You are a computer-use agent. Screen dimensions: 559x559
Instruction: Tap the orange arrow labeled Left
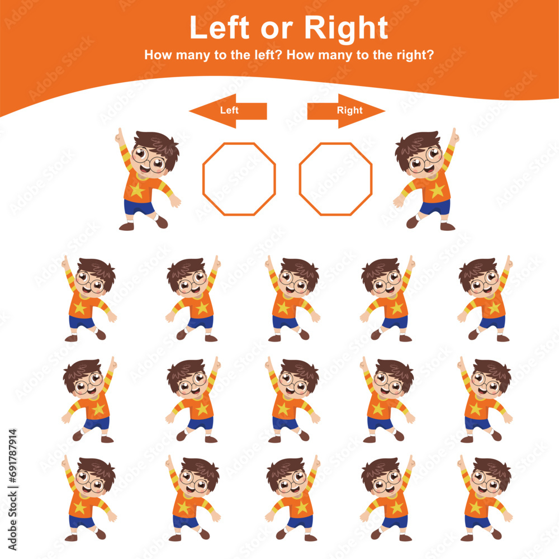coord(228,111)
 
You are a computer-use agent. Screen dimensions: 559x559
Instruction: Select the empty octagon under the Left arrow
coord(239,179)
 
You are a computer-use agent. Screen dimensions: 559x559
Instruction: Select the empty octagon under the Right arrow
coord(335,179)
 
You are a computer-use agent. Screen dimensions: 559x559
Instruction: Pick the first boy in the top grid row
coord(88,300)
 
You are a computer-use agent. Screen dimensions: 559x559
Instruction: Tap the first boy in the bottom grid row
coord(88,499)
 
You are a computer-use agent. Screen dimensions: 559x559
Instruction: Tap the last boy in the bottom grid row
coord(484,499)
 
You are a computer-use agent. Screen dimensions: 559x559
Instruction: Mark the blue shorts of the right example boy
coord(435,207)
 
